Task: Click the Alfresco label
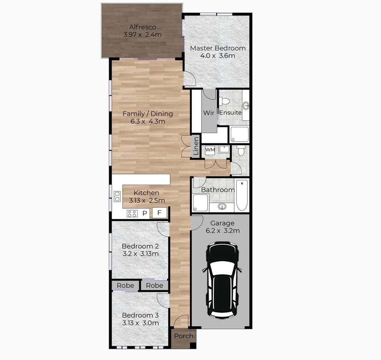tap(143, 27)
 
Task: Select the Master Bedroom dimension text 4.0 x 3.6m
tap(217, 56)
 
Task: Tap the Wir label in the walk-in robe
tap(209, 113)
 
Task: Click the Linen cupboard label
tap(196, 146)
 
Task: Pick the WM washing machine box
tap(210, 150)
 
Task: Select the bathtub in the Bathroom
tap(242, 195)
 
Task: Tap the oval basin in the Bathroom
tap(222, 207)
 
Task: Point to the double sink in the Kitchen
tap(117, 196)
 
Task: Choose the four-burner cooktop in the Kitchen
tap(132, 213)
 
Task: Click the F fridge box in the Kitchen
tap(160, 213)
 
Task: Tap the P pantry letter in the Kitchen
tap(145, 213)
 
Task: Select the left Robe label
tap(125, 286)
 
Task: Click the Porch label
tap(184, 336)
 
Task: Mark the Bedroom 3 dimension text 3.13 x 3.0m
tap(140, 323)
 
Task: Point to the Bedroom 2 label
tap(140, 246)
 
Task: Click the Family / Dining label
tap(148, 114)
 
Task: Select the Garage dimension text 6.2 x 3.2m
tap(222, 231)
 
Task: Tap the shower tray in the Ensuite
tap(239, 134)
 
